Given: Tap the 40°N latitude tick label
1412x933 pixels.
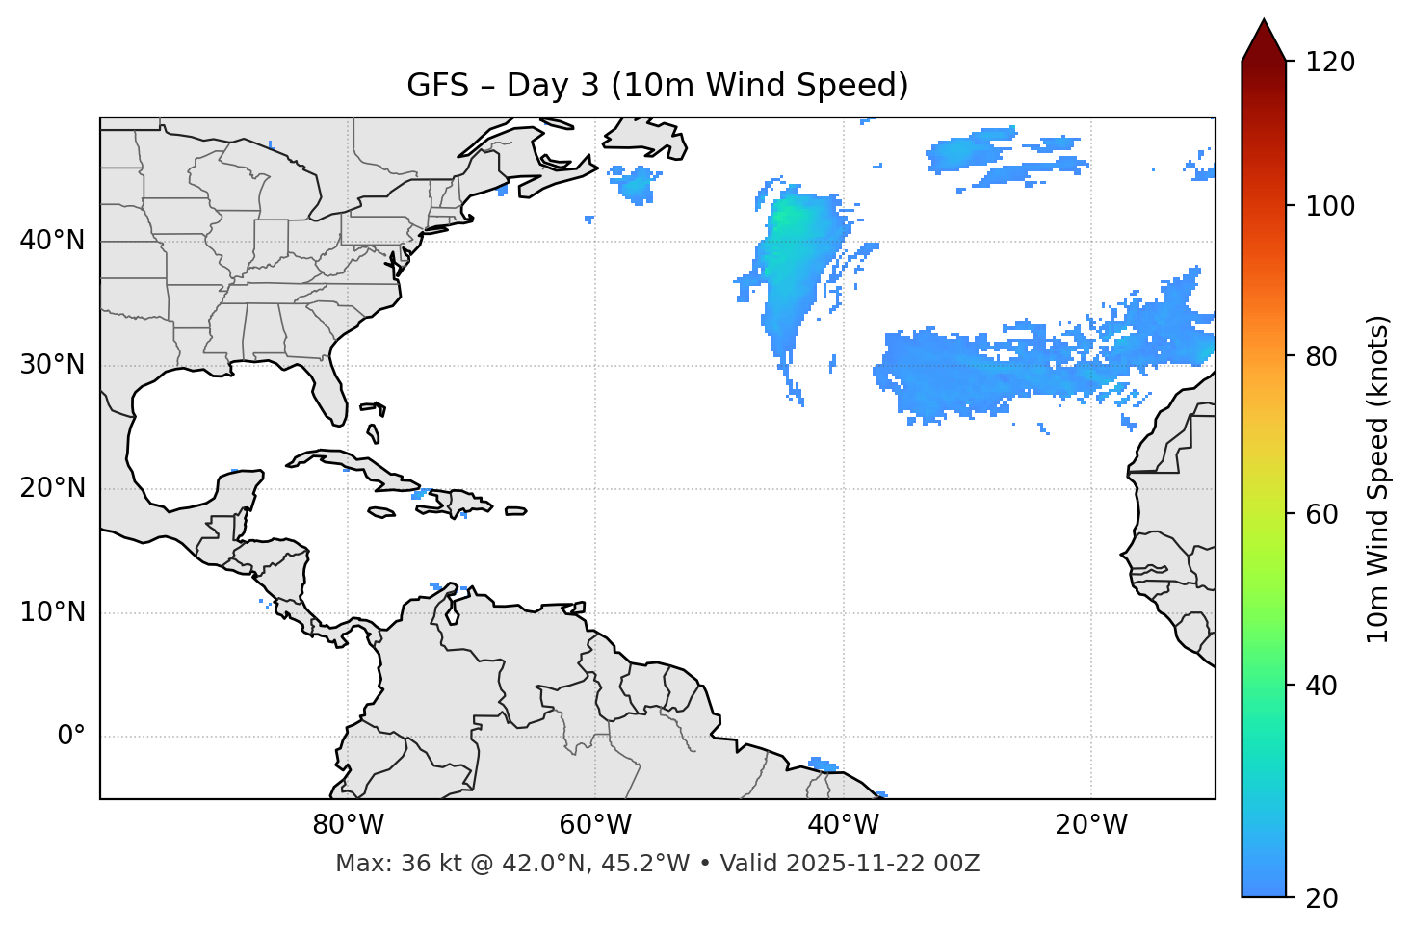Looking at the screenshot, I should click(x=52, y=241).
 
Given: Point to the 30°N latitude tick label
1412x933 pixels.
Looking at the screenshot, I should click(x=52, y=365).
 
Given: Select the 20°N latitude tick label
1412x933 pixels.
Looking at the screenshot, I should click(x=52, y=488).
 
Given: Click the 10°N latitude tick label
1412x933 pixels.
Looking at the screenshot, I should click(x=52, y=612).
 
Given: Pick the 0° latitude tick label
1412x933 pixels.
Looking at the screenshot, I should click(x=71, y=737).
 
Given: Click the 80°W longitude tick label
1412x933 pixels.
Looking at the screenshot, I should click(x=348, y=825).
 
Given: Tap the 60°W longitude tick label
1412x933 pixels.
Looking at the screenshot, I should click(x=595, y=825).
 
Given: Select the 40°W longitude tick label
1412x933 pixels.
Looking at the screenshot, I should click(x=844, y=825).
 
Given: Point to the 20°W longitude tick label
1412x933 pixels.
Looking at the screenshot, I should click(x=1091, y=825).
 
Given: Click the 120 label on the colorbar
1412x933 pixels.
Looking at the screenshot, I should click(x=1330, y=63).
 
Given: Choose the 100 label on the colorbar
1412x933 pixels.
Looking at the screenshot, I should click(x=1330, y=206).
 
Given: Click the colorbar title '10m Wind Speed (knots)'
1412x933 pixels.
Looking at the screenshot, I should click(x=1378, y=479).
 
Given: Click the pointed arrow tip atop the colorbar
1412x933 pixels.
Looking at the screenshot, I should click(x=1264, y=27).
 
